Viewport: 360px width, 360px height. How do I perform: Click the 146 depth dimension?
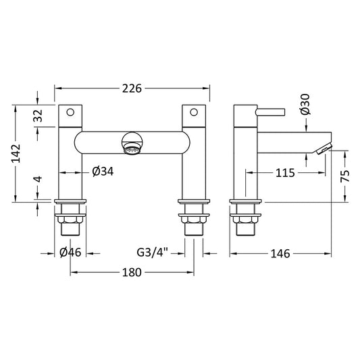[x=280, y=253]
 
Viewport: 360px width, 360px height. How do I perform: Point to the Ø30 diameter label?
[x=304, y=103]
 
